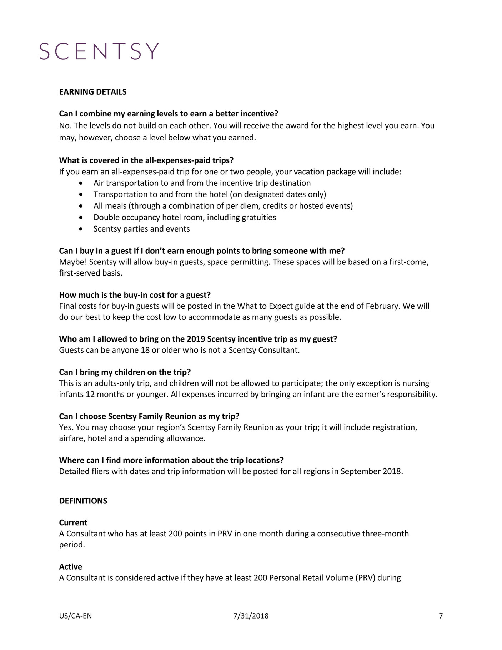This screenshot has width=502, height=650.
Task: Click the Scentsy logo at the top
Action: coord(99,51)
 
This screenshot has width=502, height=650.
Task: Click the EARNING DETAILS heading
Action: coord(93,92)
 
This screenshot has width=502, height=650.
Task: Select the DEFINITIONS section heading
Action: coord(83,501)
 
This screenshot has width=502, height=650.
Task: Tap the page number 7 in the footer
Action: coord(441,616)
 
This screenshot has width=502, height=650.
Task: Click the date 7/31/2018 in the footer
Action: coord(251,616)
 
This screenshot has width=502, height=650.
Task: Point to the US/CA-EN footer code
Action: coord(75,616)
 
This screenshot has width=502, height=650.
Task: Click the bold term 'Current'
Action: coord(73,522)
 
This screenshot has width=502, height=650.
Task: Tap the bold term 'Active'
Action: coord(71,566)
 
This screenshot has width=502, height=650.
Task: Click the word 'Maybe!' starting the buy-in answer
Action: coord(73,262)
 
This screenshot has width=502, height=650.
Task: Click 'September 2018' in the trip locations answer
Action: coord(371,471)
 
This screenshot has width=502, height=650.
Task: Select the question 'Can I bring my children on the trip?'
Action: coord(125,372)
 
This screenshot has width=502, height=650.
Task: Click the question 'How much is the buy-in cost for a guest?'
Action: coord(135,295)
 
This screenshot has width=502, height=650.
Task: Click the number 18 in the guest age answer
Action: coord(145,350)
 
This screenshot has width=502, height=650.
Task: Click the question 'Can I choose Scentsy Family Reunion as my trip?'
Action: coord(149,416)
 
